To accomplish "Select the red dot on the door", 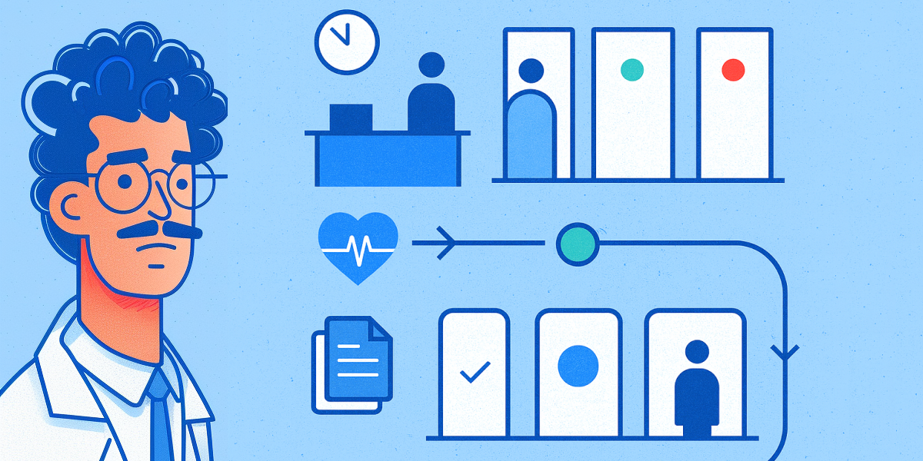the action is [734, 71].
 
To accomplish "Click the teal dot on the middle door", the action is [631, 71].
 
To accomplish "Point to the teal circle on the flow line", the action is [577, 244].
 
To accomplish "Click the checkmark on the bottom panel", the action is [474, 374].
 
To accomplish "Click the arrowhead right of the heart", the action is [447, 244].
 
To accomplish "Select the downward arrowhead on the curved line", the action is [785, 353].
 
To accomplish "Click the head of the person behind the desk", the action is [432, 65].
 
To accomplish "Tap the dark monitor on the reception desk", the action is [351, 118].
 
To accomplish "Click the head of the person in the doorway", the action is [531, 71].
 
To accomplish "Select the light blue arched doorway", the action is [530, 134].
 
